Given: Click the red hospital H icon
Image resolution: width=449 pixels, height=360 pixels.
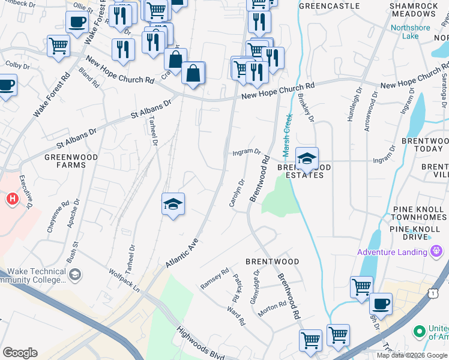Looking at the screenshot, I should click(11, 198).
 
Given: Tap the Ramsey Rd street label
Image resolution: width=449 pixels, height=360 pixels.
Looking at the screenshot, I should click(214, 279).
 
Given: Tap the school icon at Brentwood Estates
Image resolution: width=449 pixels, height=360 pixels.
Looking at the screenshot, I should click(307, 159).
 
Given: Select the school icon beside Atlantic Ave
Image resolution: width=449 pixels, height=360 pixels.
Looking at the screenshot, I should click(173, 205).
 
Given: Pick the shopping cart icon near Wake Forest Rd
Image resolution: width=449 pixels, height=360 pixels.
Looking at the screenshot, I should click(58, 46).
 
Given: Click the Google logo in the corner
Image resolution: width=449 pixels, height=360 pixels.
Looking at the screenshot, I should click(20, 353).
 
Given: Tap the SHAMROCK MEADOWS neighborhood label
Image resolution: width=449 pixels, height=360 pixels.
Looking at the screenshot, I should click(414, 10).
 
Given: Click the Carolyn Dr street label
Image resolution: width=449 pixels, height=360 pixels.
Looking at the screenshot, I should click(238, 193).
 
